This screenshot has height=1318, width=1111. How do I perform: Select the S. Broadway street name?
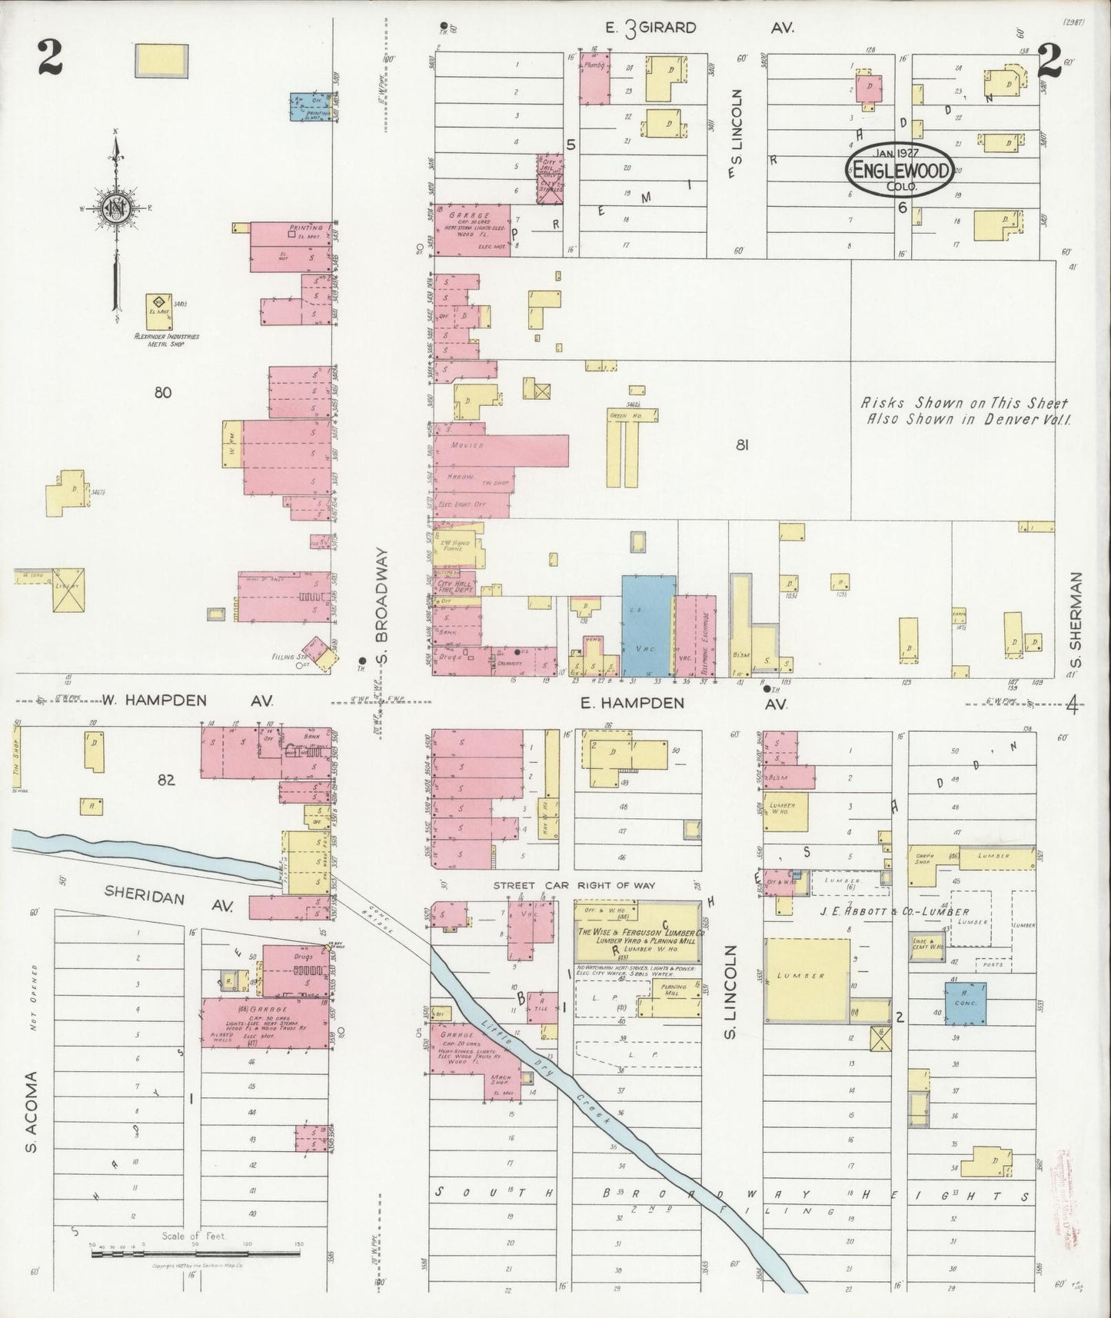point(385,607)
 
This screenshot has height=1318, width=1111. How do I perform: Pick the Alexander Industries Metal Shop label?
point(167,340)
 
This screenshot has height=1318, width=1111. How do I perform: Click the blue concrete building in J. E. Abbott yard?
point(966,1003)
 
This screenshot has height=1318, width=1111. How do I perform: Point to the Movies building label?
point(467,445)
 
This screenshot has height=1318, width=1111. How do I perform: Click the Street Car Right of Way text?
point(574,886)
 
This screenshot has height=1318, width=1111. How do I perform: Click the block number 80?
point(162,393)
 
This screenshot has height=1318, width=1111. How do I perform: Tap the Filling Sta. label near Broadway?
point(284,657)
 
